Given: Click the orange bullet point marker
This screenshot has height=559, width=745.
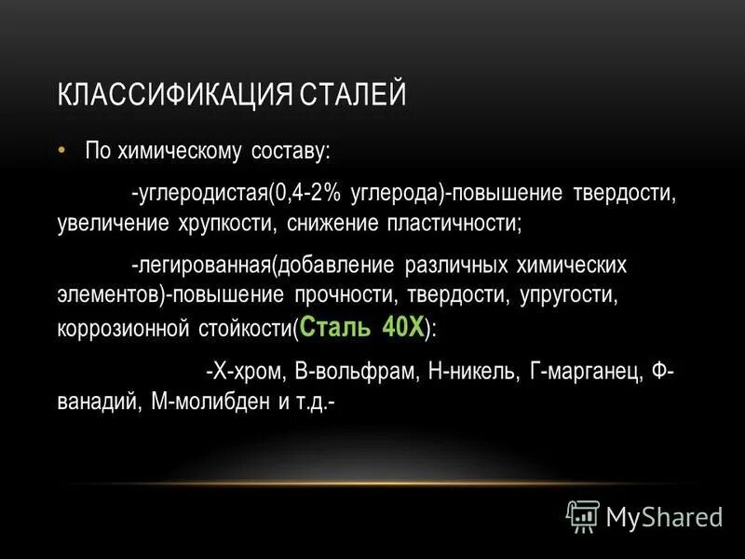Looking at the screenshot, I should [61, 149].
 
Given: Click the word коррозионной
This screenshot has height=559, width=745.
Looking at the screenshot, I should [113, 329].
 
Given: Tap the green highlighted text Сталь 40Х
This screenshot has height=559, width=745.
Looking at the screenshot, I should [362, 326].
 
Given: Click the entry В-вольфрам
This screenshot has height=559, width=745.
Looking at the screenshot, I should [356, 371].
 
